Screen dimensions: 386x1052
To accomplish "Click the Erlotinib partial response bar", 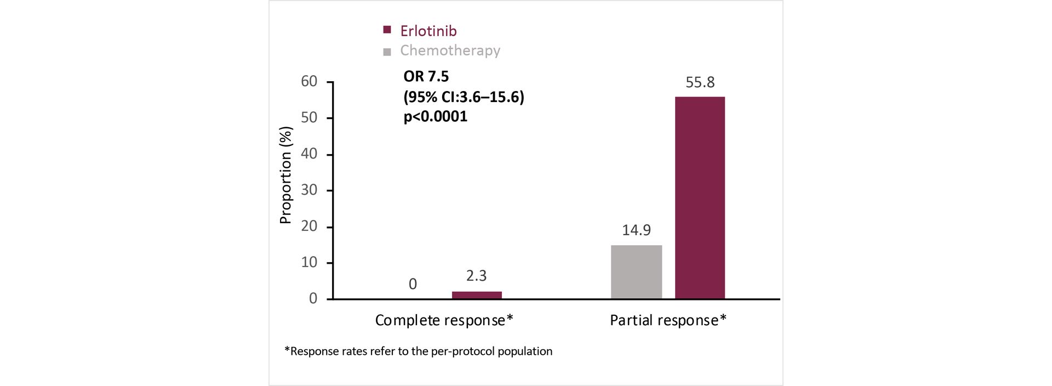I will (700, 197).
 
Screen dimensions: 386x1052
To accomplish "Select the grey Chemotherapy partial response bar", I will (636, 272).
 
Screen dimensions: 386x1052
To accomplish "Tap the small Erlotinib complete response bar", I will (477, 295).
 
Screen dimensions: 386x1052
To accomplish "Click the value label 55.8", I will (700, 82).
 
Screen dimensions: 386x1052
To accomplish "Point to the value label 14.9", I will (636, 230).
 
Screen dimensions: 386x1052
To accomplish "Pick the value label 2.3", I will (476, 275).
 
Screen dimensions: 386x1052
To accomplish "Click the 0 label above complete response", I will (413, 284).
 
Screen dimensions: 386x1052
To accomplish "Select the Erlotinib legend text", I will (428, 31).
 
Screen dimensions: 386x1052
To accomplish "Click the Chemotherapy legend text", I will (450, 50).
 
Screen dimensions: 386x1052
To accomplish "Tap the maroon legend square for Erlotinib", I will (387, 30).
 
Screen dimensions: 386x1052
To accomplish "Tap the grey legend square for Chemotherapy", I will (387, 52).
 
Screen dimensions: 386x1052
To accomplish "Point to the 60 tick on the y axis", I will (309, 82).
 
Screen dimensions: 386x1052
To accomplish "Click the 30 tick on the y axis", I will (309, 190).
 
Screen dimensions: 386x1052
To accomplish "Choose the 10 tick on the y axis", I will (309, 263).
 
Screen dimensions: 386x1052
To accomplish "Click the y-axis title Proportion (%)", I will (285, 175).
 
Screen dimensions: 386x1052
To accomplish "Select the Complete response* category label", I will (444, 320).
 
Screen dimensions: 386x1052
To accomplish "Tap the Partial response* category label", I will (668, 320).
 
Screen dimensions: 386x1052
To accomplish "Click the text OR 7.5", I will (426, 77).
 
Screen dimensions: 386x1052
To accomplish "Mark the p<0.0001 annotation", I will (435, 116).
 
